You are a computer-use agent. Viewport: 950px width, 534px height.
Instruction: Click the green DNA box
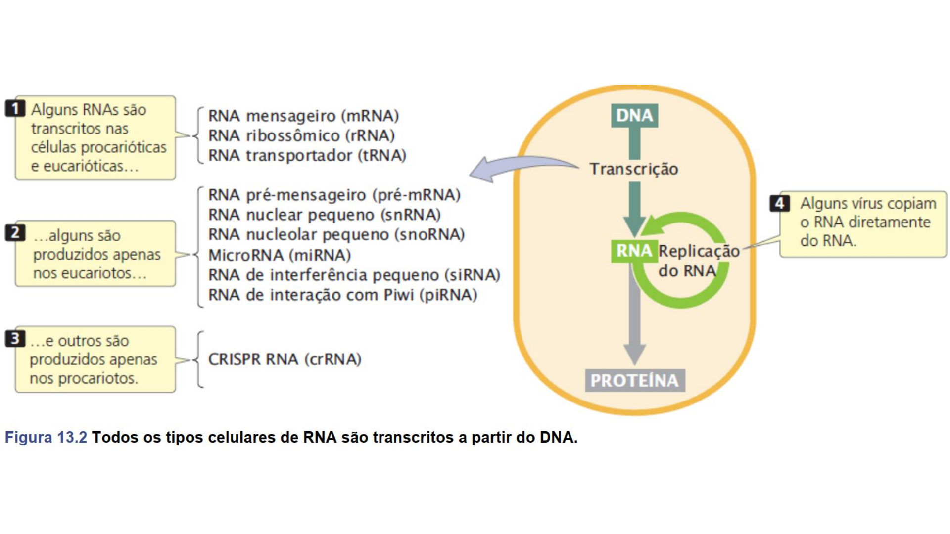[x=634, y=115]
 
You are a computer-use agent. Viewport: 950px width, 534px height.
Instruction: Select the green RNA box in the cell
[x=634, y=251]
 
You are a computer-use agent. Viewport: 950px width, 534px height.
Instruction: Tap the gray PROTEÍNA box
[x=635, y=380]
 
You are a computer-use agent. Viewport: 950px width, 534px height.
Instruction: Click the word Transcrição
[x=634, y=169]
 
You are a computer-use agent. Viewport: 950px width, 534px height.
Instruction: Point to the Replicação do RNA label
[x=698, y=261]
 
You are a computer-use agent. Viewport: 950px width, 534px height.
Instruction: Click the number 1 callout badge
[x=15, y=108]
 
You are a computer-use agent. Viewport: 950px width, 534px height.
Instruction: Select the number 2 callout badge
[x=15, y=232]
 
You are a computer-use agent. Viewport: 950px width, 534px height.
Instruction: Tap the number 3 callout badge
[x=15, y=339]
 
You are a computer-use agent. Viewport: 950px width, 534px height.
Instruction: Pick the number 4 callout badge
[x=779, y=203]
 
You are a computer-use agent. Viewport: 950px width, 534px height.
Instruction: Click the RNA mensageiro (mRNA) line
[x=303, y=116]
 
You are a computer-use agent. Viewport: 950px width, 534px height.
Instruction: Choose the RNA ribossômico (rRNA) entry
[x=301, y=135]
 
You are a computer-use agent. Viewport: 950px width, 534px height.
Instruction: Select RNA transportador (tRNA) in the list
[x=307, y=155]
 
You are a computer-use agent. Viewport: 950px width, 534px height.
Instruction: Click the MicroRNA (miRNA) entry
[x=280, y=255]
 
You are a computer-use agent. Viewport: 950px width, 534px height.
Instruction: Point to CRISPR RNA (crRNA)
[x=285, y=359]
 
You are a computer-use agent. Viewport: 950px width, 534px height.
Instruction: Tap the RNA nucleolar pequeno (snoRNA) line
[x=336, y=234]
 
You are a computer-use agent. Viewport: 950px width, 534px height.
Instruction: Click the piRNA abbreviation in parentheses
[x=448, y=295]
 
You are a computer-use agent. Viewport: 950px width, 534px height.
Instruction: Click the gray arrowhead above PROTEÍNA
[x=634, y=354]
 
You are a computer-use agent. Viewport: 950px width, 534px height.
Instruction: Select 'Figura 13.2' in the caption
[x=46, y=437]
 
